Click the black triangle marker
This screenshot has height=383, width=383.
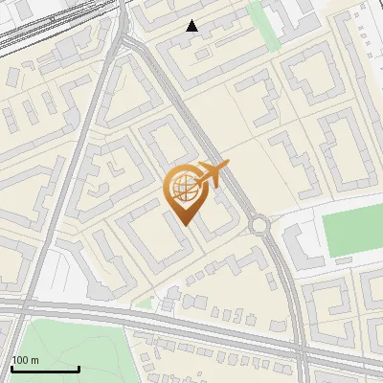[x=192, y=26]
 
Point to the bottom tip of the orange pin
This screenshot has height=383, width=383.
[x=184, y=224]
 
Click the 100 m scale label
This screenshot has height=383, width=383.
[x=25, y=360]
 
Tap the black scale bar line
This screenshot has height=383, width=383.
[x=45, y=369]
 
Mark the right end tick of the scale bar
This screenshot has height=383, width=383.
[x=79, y=367]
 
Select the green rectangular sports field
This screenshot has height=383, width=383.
[x=350, y=234]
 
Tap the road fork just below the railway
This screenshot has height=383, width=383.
[x=125, y=43]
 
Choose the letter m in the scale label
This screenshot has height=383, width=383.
[x=34, y=360]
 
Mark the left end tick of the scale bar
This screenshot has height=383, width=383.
[x=11, y=367]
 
